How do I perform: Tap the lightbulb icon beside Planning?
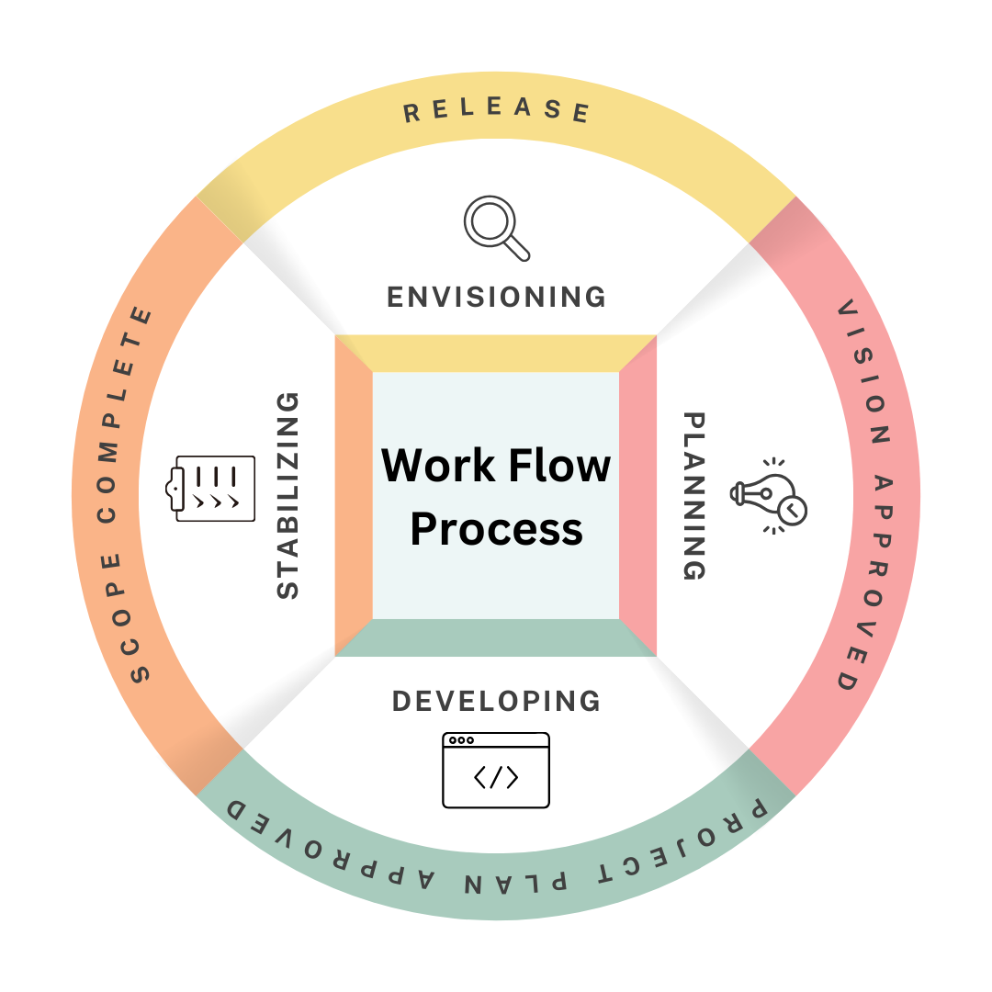(770, 496)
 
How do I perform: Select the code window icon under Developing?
(496, 770)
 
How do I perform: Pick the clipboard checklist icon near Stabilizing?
(215, 488)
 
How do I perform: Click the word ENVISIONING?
(496, 297)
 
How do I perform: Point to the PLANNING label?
(696, 496)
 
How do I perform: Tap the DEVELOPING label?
(496, 701)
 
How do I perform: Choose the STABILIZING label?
(288, 496)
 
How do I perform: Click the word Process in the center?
(496, 529)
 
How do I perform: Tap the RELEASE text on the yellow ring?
(496, 110)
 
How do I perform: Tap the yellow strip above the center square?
(496, 354)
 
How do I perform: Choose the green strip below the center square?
(496, 638)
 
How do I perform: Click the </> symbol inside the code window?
(496, 778)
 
